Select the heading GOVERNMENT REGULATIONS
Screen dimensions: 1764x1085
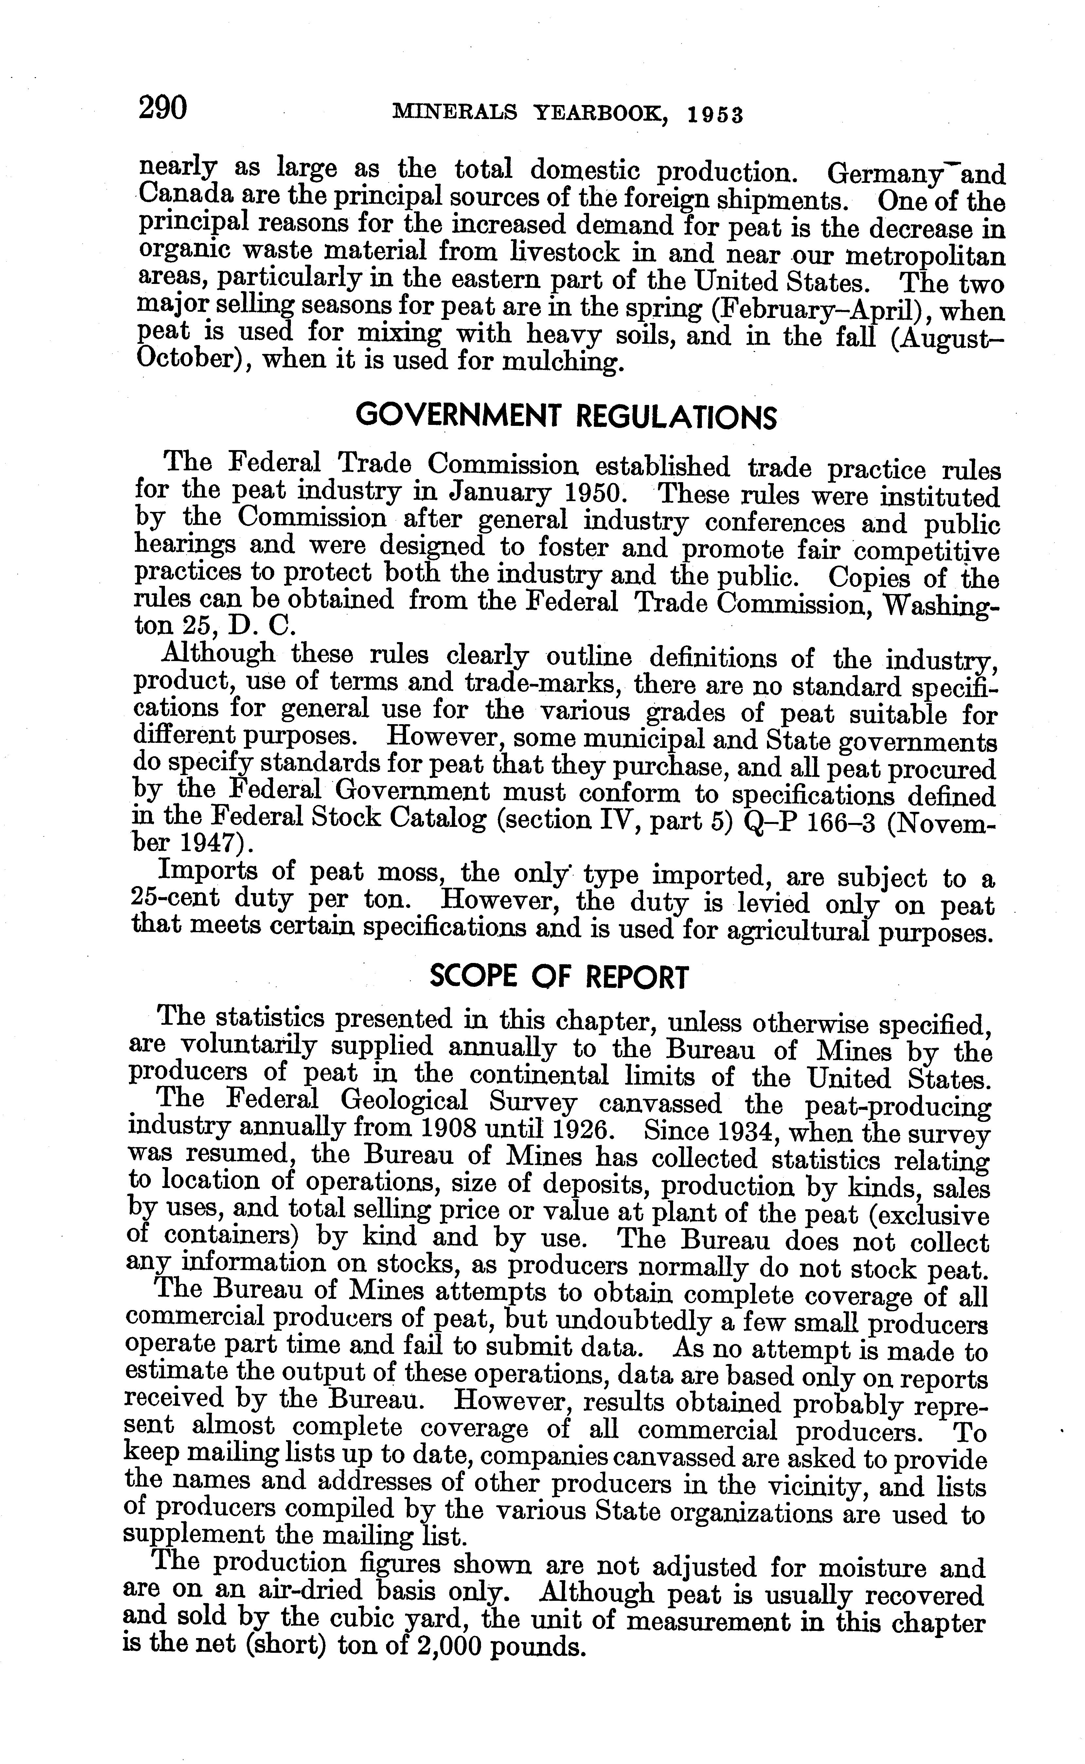click(x=566, y=416)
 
